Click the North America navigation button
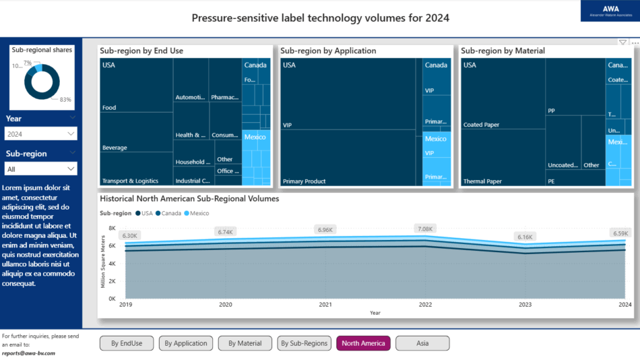tap(363, 343)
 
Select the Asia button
tap(422, 343)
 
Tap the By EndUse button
tap(127, 343)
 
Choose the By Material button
tap(245, 343)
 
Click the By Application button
tap(186, 343)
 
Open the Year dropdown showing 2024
tap(40, 134)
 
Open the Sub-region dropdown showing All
tap(40, 169)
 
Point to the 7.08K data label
tap(424, 229)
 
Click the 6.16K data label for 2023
tap(525, 237)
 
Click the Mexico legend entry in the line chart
tap(199, 214)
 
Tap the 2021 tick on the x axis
tap(325, 305)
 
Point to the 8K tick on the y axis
tap(112, 229)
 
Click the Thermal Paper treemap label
tap(482, 181)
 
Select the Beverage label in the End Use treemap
tap(115, 148)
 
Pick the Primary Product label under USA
tap(304, 181)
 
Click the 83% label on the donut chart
tap(65, 100)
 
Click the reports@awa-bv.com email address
tap(28, 353)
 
